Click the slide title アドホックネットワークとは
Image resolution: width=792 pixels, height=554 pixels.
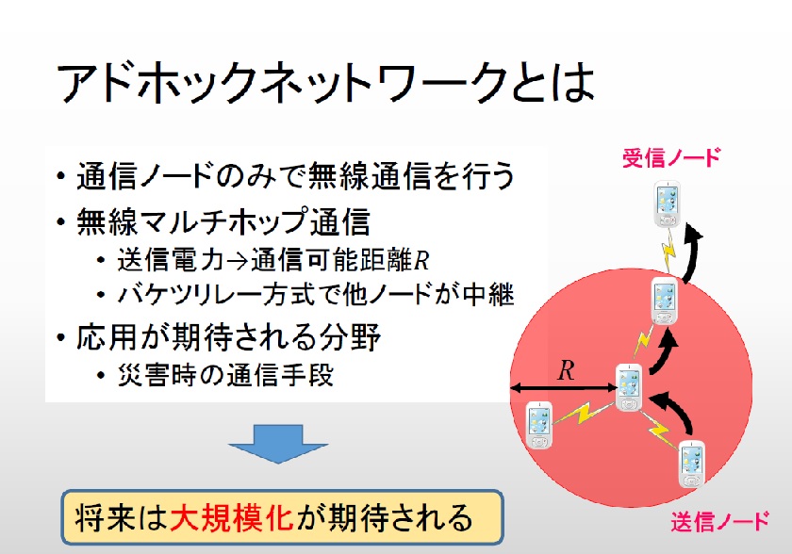tap(325, 84)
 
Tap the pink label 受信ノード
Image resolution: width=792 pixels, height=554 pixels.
tap(670, 158)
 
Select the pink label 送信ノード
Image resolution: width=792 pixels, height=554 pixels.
tap(720, 520)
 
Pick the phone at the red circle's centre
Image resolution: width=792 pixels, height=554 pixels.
tap(629, 387)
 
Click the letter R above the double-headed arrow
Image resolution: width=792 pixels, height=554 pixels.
tap(566, 370)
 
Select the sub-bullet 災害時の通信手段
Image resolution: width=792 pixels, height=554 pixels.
tap(227, 375)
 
